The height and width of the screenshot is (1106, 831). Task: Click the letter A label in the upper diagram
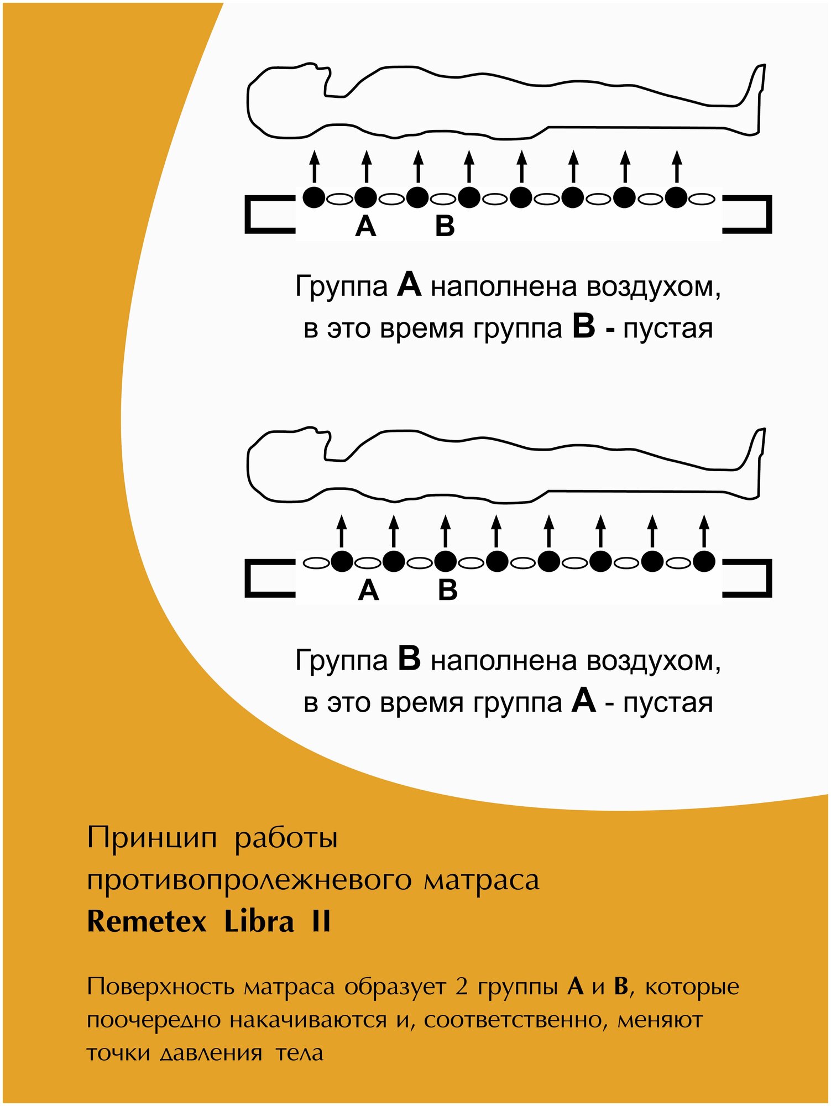pyautogui.click(x=365, y=227)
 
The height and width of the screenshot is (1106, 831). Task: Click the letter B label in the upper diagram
pyautogui.click(x=445, y=227)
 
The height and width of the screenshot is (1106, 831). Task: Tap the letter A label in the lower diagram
pyautogui.click(x=368, y=591)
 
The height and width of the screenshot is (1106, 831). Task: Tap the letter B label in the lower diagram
pyautogui.click(x=448, y=591)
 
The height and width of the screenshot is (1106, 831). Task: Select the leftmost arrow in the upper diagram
pyautogui.click(x=314, y=166)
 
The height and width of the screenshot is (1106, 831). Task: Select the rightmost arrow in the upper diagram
pyautogui.click(x=677, y=166)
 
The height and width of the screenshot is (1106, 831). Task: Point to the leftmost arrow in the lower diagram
pyautogui.click(x=342, y=531)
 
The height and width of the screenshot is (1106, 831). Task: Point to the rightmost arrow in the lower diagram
pyautogui.click(x=704, y=531)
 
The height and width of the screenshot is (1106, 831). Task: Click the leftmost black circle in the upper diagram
pyautogui.click(x=314, y=197)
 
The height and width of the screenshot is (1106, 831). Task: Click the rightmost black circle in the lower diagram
pyautogui.click(x=704, y=562)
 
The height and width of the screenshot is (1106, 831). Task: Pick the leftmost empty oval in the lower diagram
pyautogui.click(x=316, y=563)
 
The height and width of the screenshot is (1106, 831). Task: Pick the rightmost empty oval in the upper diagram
pyautogui.click(x=703, y=199)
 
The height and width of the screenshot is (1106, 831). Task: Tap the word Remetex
pyautogui.click(x=147, y=922)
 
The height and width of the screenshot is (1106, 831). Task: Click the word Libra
pyautogui.click(x=259, y=922)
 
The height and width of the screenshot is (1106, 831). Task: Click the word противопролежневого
pyautogui.click(x=249, y=880)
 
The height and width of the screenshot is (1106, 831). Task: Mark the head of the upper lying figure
pyautogui.click(x=285, y=100)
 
